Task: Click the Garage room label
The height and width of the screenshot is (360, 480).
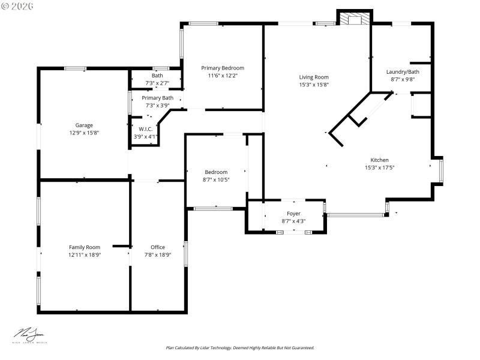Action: [x=84, y=125]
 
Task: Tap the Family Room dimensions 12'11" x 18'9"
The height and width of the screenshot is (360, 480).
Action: [x=84, y=254]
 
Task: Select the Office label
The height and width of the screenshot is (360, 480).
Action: [x=158, y=247]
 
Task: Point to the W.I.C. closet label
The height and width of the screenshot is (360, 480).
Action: [x=146, y=129]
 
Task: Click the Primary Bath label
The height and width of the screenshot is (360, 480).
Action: [x=157, y=98]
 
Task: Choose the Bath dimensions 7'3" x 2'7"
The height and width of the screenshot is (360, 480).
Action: [x=157, y=83]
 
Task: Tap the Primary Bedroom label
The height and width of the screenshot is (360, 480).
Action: [x=223, y=68]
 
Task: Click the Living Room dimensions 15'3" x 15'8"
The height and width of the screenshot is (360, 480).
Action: [x=314, y=84]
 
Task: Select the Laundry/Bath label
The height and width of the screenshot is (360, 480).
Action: [x=403, y=72]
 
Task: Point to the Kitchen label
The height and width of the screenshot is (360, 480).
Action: [x=379, y=160]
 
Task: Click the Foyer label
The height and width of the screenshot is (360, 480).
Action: [x=293, y=214]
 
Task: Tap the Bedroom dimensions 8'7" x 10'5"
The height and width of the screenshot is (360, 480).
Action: [x=216, y=179]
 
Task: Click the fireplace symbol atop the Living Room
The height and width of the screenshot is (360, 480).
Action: [x=354, y=19]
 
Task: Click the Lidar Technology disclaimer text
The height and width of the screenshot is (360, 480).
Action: [x=240, y=347]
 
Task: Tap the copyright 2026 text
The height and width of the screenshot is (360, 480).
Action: [x=18, y=5]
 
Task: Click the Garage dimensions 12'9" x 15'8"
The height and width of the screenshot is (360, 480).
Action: [x=84, y=133]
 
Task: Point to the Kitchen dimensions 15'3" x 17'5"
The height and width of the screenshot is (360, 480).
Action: [x=379, y=167]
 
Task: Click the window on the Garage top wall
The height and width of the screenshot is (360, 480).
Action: [x=76, y=68]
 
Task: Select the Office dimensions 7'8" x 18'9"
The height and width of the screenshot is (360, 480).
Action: [x=158, y=254]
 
